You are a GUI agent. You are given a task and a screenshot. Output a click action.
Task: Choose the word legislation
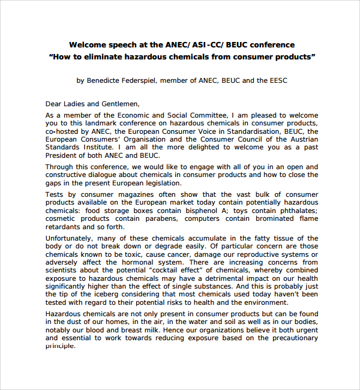tap(156, 182)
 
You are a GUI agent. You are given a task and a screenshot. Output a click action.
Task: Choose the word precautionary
tap(290, 338)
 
